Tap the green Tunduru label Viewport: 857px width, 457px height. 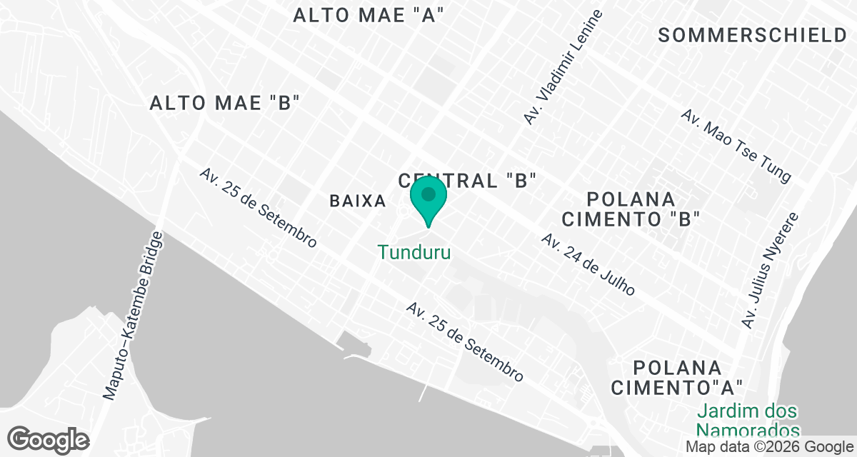(414, 252)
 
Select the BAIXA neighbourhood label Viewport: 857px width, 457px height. (358, 201)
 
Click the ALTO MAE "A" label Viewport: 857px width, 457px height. (369, 16)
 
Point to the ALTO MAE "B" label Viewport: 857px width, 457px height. (223, 103)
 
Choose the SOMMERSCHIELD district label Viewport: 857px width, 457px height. (752, 35)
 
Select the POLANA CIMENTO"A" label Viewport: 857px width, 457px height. (678, 378)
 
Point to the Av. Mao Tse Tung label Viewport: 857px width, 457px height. (736, 146)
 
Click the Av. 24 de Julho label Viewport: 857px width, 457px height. (588, 264)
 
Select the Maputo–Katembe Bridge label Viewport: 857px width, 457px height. (134, 314)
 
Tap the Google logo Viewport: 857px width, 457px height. (49, 439)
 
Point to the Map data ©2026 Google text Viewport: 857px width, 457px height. (768, 446)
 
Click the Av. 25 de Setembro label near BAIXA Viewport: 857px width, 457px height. (258, 208)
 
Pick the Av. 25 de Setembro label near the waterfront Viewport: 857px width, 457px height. (465, 341)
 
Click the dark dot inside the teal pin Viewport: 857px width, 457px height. (428, 194)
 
